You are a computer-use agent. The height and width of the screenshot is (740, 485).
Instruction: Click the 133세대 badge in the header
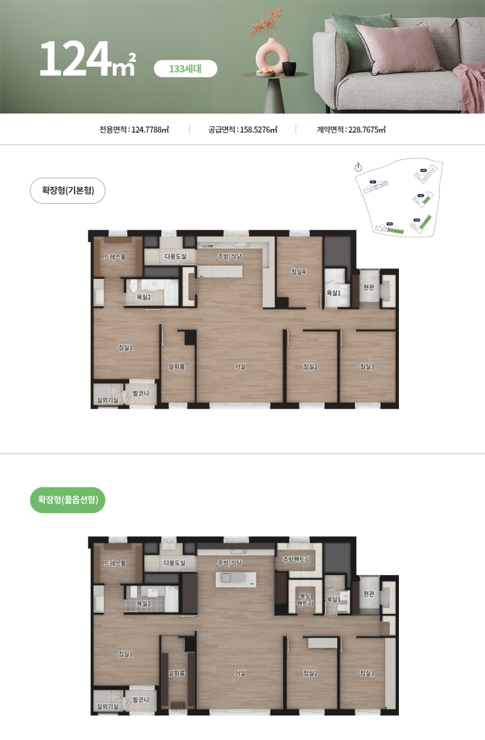185,69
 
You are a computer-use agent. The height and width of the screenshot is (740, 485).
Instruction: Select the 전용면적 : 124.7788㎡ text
134,129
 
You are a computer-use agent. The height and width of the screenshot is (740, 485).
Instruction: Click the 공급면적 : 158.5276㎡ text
242,129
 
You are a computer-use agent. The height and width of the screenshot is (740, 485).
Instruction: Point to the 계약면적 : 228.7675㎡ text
351,129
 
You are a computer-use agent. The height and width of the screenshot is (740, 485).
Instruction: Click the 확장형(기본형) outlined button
67,190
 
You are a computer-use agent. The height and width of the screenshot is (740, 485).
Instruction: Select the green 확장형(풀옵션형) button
67,500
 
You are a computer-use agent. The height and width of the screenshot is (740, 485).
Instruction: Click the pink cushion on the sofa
398,47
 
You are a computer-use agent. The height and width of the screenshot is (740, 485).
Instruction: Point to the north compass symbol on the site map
358,167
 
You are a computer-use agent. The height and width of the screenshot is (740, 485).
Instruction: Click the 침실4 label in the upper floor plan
298,272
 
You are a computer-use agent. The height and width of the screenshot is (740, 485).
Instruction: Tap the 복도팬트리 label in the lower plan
305,600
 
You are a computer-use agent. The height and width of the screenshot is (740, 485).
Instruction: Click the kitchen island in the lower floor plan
236,579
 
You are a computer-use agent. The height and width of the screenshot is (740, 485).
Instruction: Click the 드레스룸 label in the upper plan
115,257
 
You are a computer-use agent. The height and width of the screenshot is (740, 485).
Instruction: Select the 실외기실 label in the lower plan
107,707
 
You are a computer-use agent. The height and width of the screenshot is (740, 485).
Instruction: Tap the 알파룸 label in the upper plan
176,366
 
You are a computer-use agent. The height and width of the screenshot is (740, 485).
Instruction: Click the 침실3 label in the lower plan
367,673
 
